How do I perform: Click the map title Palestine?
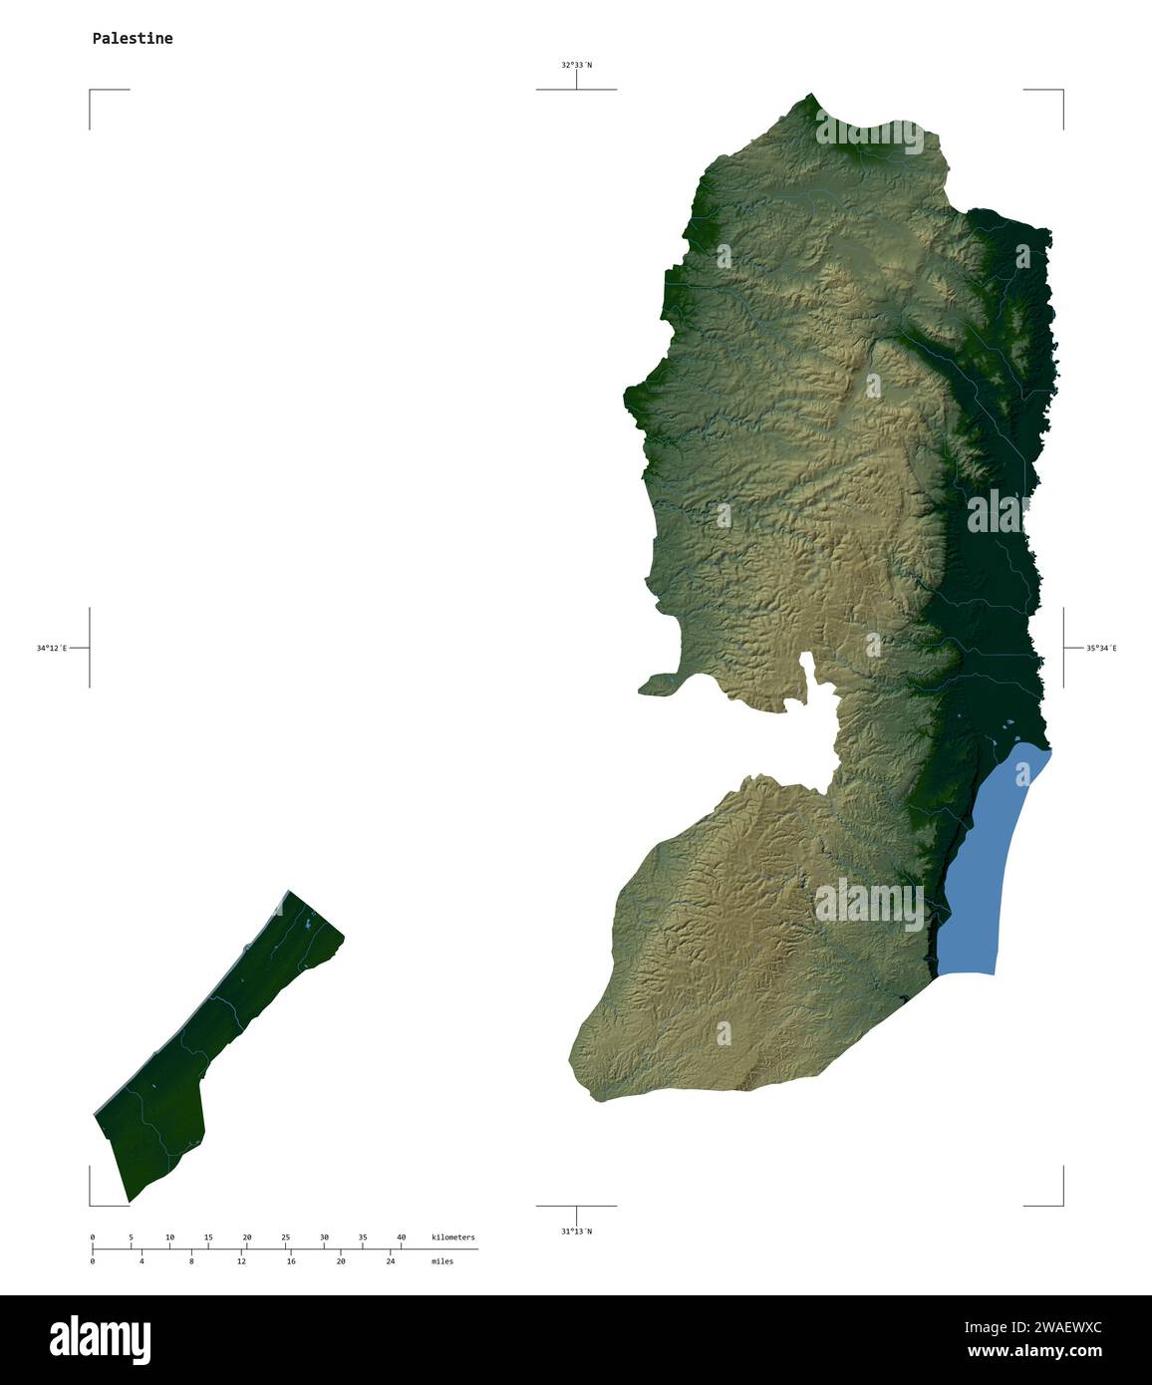[132, 39]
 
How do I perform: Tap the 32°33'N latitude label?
[576, 66]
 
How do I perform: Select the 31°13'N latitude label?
[576, 1232]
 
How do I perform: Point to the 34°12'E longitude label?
[52, 649]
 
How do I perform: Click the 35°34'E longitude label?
[1101, 649]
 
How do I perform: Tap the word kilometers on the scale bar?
[452, 1238]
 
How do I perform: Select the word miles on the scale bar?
[441, 1261]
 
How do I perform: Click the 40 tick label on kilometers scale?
[401, 1238]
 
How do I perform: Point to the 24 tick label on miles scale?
[390, 1261]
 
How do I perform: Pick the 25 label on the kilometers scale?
[285, 1238]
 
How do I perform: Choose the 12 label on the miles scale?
[241, 1261]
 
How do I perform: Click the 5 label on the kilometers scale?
[131, 1238]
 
